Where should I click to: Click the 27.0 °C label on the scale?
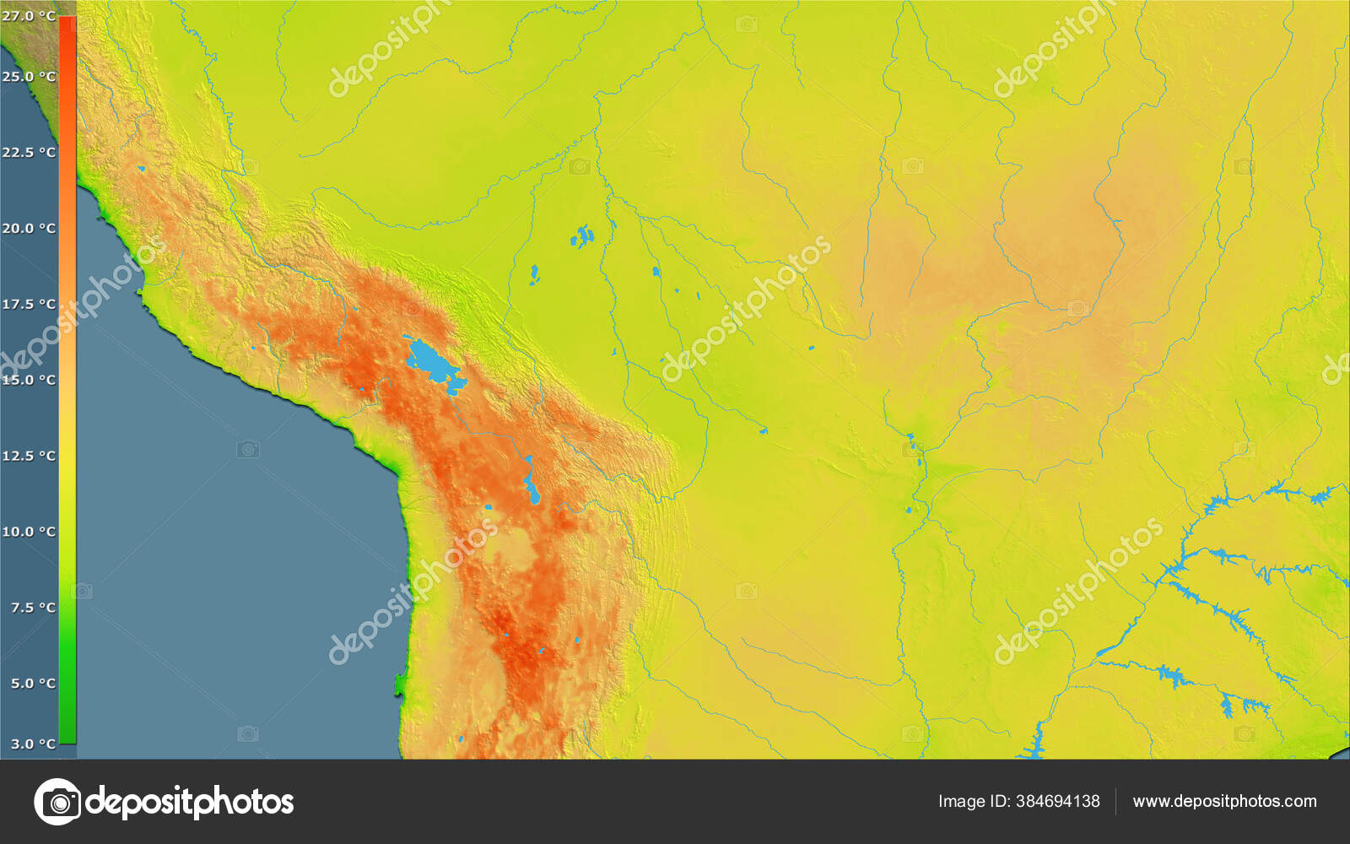(29, 15)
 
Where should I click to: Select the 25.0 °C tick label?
(29, 76)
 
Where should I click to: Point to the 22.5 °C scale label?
(29, 152)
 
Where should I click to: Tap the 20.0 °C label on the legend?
(29, 228)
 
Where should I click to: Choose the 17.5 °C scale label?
(29, 304)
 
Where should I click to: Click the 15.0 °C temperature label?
(29, 380)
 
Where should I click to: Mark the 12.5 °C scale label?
(29, 456)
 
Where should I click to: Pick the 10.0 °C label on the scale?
(29, 532)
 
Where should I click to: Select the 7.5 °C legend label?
(33, 608)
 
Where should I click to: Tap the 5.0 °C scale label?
(33, 683)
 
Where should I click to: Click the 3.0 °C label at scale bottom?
(33, 744)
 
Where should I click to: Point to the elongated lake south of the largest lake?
(530, 481)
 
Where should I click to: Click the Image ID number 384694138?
(1057, 801)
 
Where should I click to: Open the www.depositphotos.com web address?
(1224, 801)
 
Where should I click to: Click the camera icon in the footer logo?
(58, 802)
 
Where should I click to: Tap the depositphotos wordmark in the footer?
(191, 802)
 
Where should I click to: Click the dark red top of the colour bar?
(67, 25)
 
